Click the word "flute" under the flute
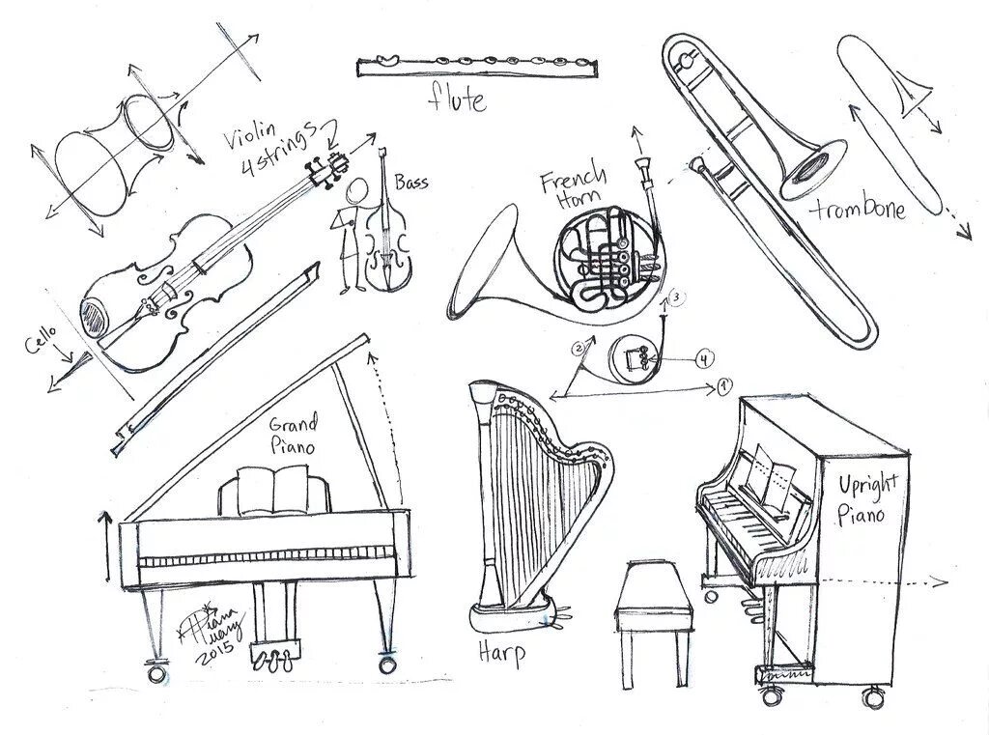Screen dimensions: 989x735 point(458,99)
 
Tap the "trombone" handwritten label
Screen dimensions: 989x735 point(859,208)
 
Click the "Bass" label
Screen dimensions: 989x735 point(411,182)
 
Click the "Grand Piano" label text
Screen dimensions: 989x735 point(293,435)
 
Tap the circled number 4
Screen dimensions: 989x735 point(705,359)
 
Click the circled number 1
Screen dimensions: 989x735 point(725,388)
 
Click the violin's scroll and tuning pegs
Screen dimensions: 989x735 point(325,170)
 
